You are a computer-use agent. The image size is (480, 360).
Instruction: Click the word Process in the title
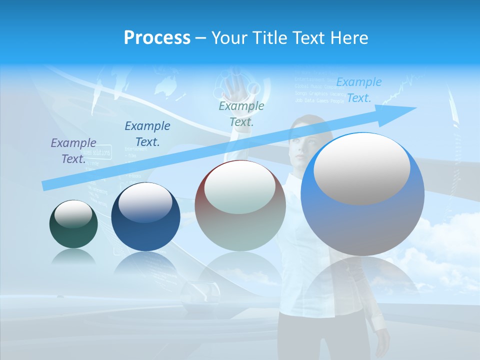click(x=157, y=38)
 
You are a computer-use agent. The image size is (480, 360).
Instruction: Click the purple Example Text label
click(x=73, y=151)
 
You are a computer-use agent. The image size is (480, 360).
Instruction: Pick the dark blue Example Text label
click(x=147, y=133)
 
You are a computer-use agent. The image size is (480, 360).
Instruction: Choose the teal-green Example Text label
click(x=241, y=113)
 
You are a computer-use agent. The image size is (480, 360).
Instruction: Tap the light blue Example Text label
click(x=358, y=90)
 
